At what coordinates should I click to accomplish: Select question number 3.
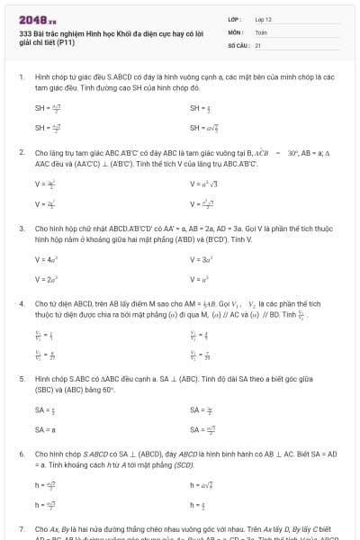[x=22, y=229]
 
